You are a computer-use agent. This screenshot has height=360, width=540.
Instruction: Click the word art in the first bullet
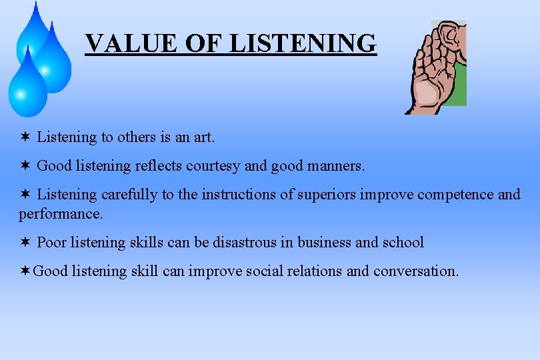tap(203, 137)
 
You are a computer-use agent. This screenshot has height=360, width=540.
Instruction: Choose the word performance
tap(61, 214)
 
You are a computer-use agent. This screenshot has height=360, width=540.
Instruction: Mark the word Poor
tap(52, 242)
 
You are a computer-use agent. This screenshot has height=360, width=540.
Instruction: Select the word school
tap(403, 242)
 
